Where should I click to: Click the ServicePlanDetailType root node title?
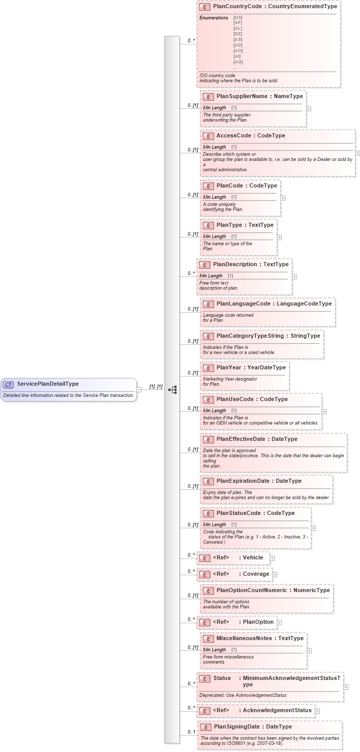[x=47, y=384]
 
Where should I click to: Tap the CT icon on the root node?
[x=9, y=384]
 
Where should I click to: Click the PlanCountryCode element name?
[x=238, y=6]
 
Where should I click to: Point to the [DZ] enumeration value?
[x=238, y=34]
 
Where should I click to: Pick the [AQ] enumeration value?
[x=238, y=62]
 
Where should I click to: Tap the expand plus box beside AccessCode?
[x=357, y=153]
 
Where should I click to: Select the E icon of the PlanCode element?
[x=208, y=186]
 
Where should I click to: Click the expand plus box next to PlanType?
[x=279, y=237]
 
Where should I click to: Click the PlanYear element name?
[x=231, y=367]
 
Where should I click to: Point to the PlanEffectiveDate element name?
[x=242, y=439]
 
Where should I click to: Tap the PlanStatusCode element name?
[x=240, y=513]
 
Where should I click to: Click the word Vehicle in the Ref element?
[x=253, y=557]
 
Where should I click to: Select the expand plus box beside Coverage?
[x=275, y=574]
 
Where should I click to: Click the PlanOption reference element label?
[x=258, y=622]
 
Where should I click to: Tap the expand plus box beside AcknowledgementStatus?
[x=317, y=710]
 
